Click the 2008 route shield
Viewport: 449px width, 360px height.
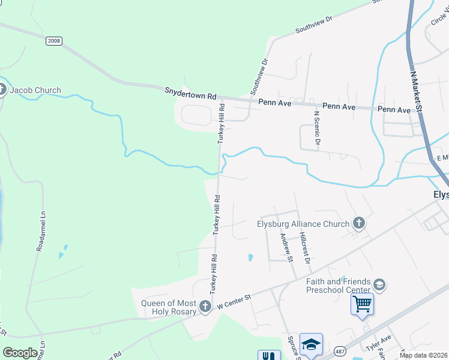coord(53,40)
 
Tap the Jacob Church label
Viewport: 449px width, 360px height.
coord(35,90)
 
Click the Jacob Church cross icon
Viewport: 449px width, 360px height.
coord(2,91)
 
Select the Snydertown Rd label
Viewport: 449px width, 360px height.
coord(190,94)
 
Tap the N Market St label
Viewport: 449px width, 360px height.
coord(417,91)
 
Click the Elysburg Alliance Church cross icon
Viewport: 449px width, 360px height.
coord(358,224)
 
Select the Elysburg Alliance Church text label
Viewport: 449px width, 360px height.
coord(303,224)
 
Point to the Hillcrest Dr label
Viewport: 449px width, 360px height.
coord(304,248)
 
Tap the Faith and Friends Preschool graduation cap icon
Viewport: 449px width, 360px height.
coord(379,284)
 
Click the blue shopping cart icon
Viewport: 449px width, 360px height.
coord(362,304)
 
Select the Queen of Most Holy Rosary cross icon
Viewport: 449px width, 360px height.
coord(205,307)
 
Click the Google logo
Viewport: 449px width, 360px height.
coord(20,353)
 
